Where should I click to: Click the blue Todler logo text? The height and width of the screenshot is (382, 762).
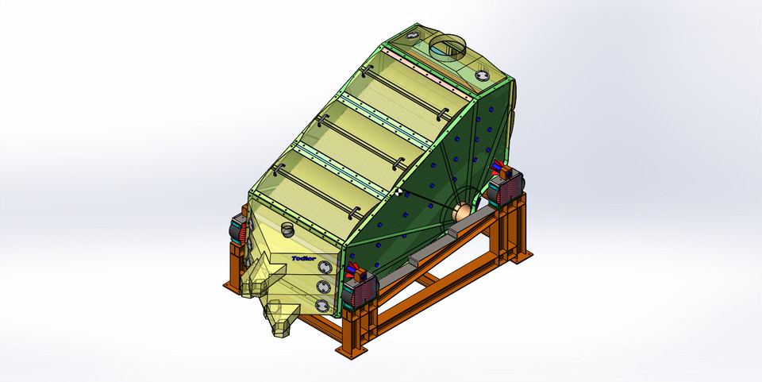pyautogui.click(x=304, y=258)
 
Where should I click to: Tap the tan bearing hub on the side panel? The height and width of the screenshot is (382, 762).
pyautogui.click(x=460, y=212)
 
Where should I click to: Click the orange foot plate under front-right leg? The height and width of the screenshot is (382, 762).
pyautogui.click(x=349, y=347)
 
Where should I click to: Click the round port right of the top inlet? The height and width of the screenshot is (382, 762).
pyautogui.click(x=485, y=75)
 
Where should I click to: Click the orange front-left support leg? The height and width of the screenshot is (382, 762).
pyautogui.click(x=235, y=266)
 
